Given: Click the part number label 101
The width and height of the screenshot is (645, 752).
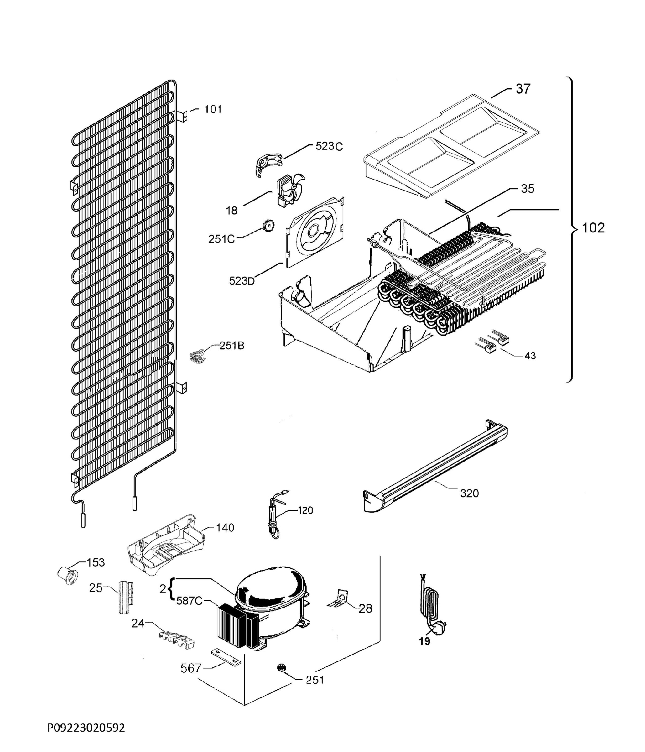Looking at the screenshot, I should pyautogui.click(x=213, y=109).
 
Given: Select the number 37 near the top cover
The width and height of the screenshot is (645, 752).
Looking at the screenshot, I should pyautogui.click(x=523, y=89).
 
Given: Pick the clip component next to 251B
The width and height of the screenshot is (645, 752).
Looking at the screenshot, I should pyautogui.click(x=197, y=356).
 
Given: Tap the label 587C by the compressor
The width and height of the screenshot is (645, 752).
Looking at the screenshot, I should pyautogui.click(x=189, y=601).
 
